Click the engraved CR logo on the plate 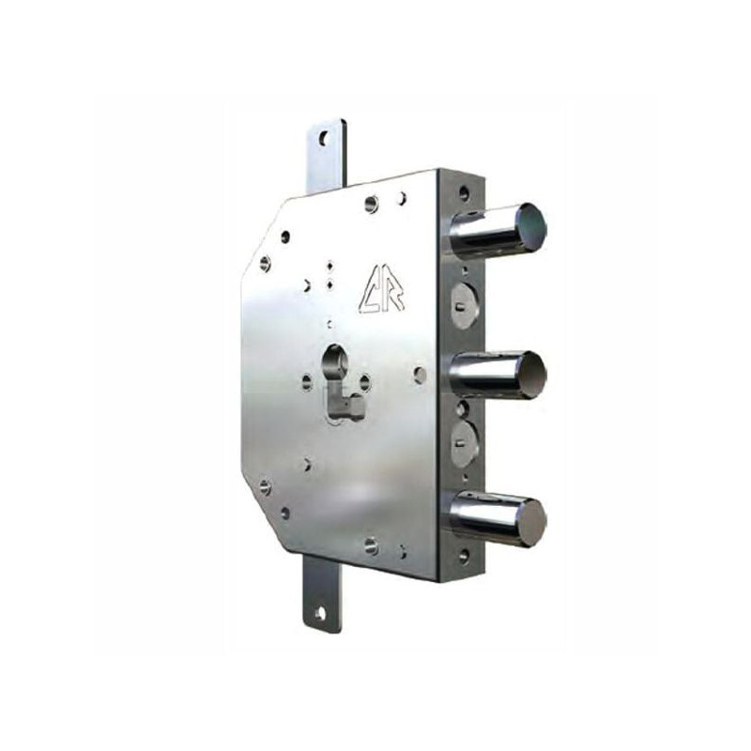click(381, 293)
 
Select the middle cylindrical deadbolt click(498, 373)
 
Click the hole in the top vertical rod click(326, 138)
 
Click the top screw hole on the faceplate click(463, 192)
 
